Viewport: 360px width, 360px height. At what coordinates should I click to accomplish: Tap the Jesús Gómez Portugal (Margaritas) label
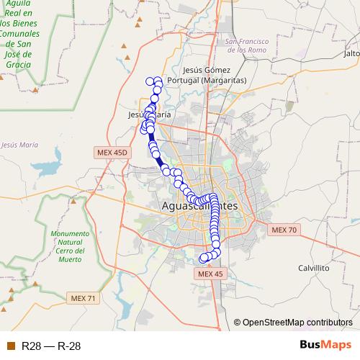pyautogui.click(x=207, y=75)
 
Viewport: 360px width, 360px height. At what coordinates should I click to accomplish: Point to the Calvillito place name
pyautogui.click(x=313, y=267)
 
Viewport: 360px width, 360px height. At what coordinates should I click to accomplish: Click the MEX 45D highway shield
pyautogui.click(x=111, y=153)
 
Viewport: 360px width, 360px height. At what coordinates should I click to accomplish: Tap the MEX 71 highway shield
pyautogui.click(x=83, y=298)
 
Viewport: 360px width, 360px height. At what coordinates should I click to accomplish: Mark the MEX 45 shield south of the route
pyautogui.click(x=211, y=274)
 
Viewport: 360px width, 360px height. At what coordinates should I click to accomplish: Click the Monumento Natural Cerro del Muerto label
pyautogui.click(x=70, y=246)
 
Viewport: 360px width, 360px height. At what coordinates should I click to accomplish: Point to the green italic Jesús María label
pyautogui.click(x=19, y=145)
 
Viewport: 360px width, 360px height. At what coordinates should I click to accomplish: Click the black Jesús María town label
pyautogui.click(x=149, y=114)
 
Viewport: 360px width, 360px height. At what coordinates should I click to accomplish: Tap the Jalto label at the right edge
pyautogui.click(x=352, y=54)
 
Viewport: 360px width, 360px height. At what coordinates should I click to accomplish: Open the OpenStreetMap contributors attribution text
pyautogui.click(x=297, y=323)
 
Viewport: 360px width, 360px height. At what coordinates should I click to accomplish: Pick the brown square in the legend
pyautogui.click(x=10, y=346)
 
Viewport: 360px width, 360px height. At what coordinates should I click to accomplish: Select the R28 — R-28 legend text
pyautogui.click(x=51, y=346)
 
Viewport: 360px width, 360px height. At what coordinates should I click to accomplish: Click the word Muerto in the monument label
pyautogui.click(x=71, y=259)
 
